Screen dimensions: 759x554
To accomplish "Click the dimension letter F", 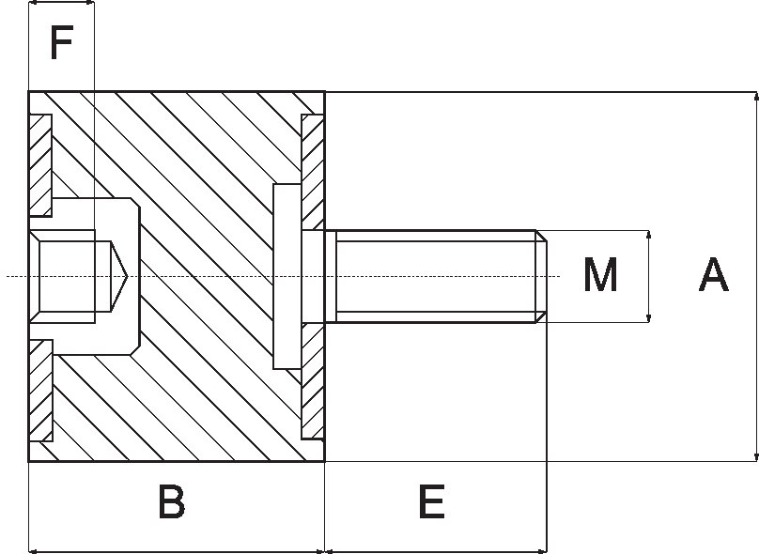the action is point(61,43).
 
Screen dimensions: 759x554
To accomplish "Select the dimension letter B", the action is point(171,501).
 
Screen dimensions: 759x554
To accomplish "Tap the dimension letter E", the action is point(431,501).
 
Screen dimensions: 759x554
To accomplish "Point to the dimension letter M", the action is point(600,275).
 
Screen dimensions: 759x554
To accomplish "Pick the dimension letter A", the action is point(714,275).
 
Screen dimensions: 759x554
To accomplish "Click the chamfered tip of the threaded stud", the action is point(542,276).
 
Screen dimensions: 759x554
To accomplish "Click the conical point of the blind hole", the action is point(119,276).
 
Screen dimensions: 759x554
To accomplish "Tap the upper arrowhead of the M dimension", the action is point(649,235).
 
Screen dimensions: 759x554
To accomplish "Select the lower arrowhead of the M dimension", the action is point(649,318).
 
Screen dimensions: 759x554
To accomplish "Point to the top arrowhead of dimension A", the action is point(756,97).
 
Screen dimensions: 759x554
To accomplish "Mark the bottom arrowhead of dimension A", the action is point(756,456).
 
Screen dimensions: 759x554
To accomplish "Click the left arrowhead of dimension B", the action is point(34,550).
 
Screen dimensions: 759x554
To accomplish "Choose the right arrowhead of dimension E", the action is point(542,550).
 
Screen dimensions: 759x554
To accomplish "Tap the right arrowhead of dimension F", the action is point(89,3).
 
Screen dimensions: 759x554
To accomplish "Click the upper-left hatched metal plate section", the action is point(40,165).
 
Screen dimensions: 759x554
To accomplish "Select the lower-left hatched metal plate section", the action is point(40,391).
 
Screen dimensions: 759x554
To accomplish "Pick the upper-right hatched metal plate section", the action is point(313,172).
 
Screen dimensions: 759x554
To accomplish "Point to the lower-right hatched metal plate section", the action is point(313,382).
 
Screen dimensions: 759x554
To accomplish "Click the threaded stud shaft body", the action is point(436,276).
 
